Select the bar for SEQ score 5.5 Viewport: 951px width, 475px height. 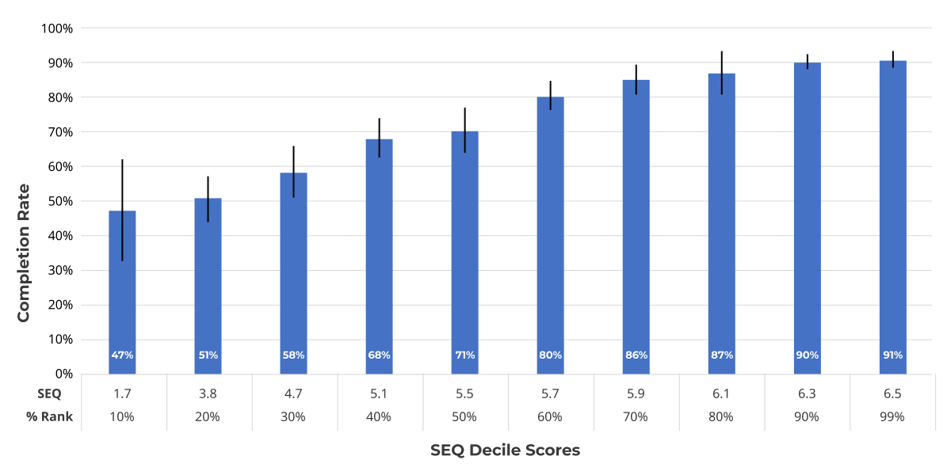point(464,253)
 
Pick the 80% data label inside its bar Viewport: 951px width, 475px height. point(550,355)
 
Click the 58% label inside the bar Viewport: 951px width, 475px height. point(293,355)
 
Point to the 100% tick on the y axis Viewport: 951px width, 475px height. point(56,28)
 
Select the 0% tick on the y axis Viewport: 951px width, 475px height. point(62,374)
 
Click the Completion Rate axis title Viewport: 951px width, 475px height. point(24,253)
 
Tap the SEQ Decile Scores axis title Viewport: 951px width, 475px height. point(505,450)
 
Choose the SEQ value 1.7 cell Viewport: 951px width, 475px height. point(122,393)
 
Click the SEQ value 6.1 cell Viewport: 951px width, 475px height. point(721,393)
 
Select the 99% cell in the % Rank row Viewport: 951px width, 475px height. point(892,416)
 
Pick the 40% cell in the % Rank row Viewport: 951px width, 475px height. point(379,416)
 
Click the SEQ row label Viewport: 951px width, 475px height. point(48,393)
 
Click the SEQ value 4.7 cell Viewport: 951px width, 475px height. point(293,393)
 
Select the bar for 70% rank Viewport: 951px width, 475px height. point(636,230)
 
